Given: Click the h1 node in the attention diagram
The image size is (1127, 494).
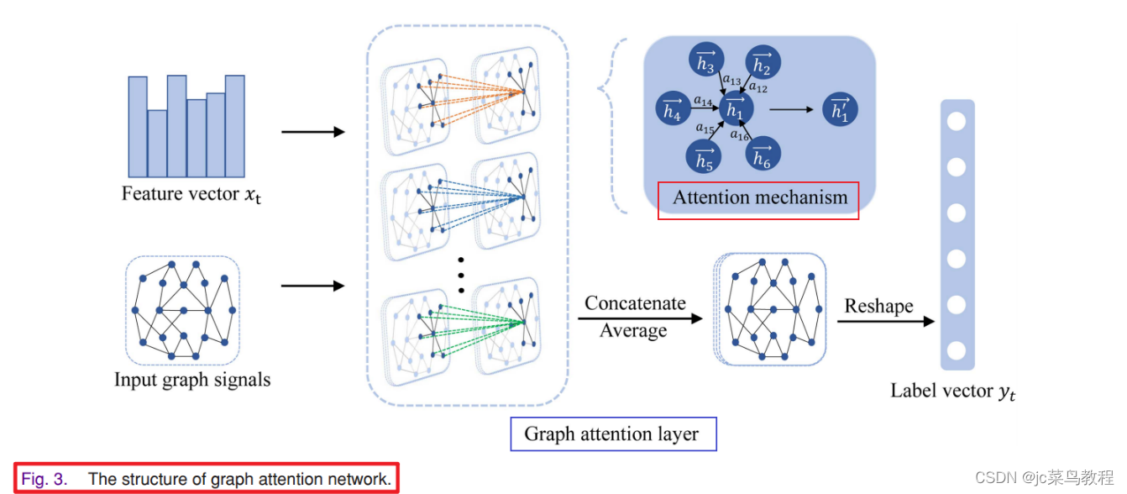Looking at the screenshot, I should tap(736, 109).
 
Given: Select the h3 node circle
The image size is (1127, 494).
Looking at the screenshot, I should tap(705, 63).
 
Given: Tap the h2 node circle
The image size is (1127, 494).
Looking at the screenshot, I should tap(763, 63).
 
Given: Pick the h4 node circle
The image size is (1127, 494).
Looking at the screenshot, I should tap(672, 109).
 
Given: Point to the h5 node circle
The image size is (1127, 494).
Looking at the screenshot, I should tap(705, 157).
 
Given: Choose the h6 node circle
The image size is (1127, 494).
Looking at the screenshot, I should tap(763, 155).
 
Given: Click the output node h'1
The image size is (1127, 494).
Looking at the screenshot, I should tap(840, 109).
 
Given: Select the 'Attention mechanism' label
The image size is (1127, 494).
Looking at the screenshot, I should tap(759, 199).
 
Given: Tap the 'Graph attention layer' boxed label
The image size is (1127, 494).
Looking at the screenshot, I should tap(611, 434).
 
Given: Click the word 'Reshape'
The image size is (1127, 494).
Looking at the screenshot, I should tap(878, 306).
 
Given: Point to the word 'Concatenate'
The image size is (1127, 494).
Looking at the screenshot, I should tap(635, 303).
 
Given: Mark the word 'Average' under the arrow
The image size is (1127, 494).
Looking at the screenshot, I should tap(633, 331).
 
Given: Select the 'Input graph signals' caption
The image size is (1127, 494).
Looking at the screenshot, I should tap(192, 380).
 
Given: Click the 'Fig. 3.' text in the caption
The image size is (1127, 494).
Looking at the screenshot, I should tap(45, 479).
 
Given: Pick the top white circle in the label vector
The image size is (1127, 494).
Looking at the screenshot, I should tap(957, 121).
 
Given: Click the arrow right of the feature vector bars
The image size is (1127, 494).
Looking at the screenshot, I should tap(312, 133).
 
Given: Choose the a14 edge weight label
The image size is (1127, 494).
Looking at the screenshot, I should tap(703, 100).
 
